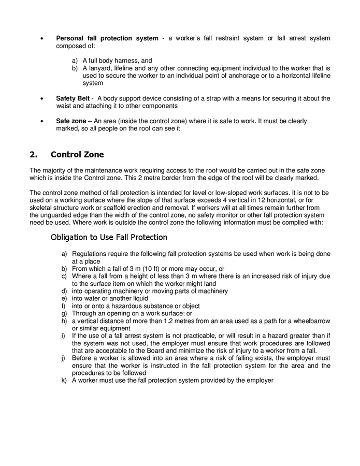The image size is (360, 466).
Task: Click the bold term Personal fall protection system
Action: coord(107,38)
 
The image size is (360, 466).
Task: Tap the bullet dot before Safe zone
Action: coord(42,122)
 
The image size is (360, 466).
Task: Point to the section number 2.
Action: coord(34,154)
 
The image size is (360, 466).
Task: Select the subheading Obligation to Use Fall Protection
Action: coord(109,237)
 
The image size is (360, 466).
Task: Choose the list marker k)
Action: coord(65,381)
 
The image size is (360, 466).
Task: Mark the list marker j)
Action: coord(65,358)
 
